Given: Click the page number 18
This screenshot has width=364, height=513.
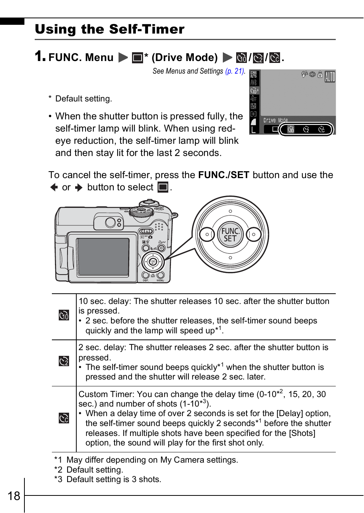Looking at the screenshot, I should point(14,496).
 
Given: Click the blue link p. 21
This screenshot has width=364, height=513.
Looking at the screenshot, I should point(235,71).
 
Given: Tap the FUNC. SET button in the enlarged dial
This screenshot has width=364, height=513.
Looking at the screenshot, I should point(230,235).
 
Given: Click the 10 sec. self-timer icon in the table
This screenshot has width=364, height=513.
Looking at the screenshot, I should point(64,315).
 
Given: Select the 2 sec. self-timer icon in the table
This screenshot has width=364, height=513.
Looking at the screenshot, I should point(64,361).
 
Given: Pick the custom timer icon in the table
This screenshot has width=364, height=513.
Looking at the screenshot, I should point(64,418).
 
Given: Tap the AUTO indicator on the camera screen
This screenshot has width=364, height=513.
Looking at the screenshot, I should point(330,77).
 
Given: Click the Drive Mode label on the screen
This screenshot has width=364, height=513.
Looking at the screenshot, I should point(275,120).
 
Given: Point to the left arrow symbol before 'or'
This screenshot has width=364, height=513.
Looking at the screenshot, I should point(54,187).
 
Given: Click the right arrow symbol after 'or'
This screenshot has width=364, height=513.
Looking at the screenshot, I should point(79,187).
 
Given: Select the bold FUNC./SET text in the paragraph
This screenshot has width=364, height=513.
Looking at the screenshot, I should point(224,175).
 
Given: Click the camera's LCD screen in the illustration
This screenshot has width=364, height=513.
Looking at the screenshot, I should point(103,256).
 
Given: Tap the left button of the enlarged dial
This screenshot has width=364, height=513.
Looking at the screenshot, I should point(207,235).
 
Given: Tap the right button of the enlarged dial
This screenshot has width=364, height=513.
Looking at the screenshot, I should point(254,235).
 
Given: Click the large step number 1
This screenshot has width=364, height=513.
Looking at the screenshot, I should point(40,56).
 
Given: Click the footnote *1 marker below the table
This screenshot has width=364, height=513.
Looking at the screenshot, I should point(58,460).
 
